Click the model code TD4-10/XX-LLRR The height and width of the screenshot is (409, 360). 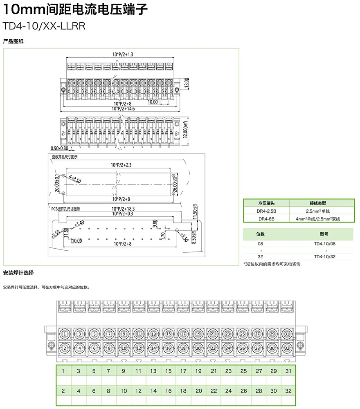pyautogui.click(x=43, y=27)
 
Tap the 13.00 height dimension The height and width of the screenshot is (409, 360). pyautogui.click(x=187, y=83)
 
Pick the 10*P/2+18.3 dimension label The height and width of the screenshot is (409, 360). pyautogui.click(x=123, y=209)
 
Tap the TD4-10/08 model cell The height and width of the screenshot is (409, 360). pyautogui.click(x=324, y=244)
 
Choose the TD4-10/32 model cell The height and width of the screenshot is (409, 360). pyautogui.click(x=324, y=256)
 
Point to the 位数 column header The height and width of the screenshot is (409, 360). pyautogui.click(x=260, y=234)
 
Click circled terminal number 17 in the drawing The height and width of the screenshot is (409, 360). pyautogui.click(x=183, y=334)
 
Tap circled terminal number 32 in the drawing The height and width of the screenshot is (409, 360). pyautogui.click(x=287, y=348)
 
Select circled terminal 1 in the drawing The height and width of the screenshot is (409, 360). pyautogui.click(x=65, y=334)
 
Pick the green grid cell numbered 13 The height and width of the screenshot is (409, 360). pyautogui.click(x=153, y=371)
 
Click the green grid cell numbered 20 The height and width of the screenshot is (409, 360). pyautogui.click(x=199, y=391)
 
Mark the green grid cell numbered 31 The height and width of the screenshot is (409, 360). pyautogui.click(x=288, y=371)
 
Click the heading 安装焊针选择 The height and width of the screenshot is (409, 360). pyautogui.click(x=18, y=273)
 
